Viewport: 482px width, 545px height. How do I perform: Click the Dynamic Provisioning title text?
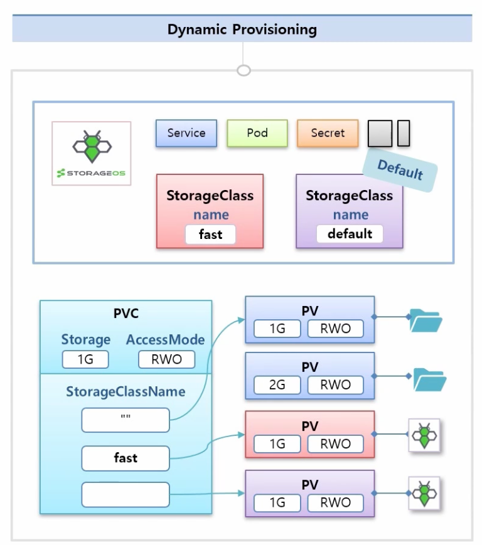pyautogui.click(x=242, y=29)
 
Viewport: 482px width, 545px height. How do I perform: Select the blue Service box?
pyautogui.click(x=186, y=133)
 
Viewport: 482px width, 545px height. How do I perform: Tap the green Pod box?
pyautogui.click(x=257, y=133)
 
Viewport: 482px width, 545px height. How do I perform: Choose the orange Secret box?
pyautogui.click(x=328, y=133)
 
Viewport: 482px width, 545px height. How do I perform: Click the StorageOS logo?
pyautogui.click(x=92, y=154)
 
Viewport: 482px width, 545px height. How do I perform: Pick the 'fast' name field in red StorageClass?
pyautogui.click(x=210, y=235)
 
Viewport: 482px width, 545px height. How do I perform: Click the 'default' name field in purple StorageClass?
pyautogui.click(x=350, y=234)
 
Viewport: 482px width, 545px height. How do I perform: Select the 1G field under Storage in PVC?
pyautogui.click(x=85, y=359)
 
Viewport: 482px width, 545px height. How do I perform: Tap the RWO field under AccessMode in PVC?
pyautogui.click(x=166, y=359)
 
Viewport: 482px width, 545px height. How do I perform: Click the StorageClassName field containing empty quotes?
pyautogui.click(x=126, y=420)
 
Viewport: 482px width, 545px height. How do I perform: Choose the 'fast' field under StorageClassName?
pyautogui.click(x=126, y=458)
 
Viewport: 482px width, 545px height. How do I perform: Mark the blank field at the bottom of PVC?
pyautogui.click(x=126, y=494)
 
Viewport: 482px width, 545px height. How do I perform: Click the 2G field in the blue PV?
pyautogui.click(x=277, y=385)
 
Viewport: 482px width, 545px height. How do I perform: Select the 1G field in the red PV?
pyautogui.click(x=277, y=444)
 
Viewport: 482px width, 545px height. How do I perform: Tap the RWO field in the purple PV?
pyautogui.click(x=336, y=503)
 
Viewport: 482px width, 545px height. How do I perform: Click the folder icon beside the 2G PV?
pyautogui.click(x=429, y=379)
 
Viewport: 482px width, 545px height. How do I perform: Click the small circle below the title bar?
pyautogui.click(x=244, y=70)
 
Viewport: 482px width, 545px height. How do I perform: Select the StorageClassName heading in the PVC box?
pyautogui.click(x=126, y=392)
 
